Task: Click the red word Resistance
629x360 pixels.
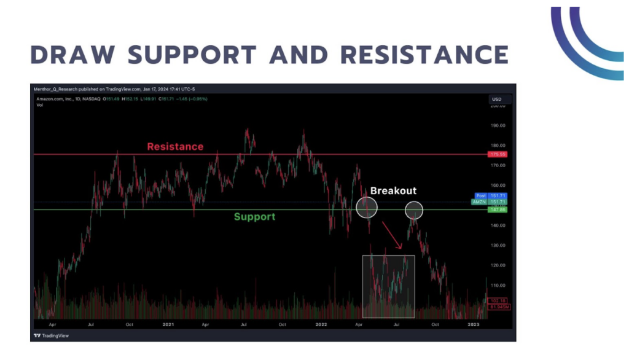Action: click(x=175, y=147)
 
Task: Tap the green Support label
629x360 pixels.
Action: click(x=254, y=217)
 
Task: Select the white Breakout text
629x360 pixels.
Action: click(x=393, y=191)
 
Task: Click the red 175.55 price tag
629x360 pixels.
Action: click(x=498, y=154)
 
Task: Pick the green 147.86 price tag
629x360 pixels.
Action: click(x=498, y=209)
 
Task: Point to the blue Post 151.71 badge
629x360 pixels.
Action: click(x=498, y=195)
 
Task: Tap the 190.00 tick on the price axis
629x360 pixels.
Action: click(x=498, y=125)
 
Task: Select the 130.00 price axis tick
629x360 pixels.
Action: click(x=498, y=246)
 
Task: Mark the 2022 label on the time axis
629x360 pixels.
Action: click(x=321, y=324)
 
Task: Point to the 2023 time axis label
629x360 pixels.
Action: click(x=473, y=324)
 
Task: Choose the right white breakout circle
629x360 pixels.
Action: click(x=414, y=211)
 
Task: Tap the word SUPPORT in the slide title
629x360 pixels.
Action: click(x=193, y=55)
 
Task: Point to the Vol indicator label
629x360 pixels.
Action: click(x=40, y=105)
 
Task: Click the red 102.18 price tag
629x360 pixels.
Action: click(x=498, y=300)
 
